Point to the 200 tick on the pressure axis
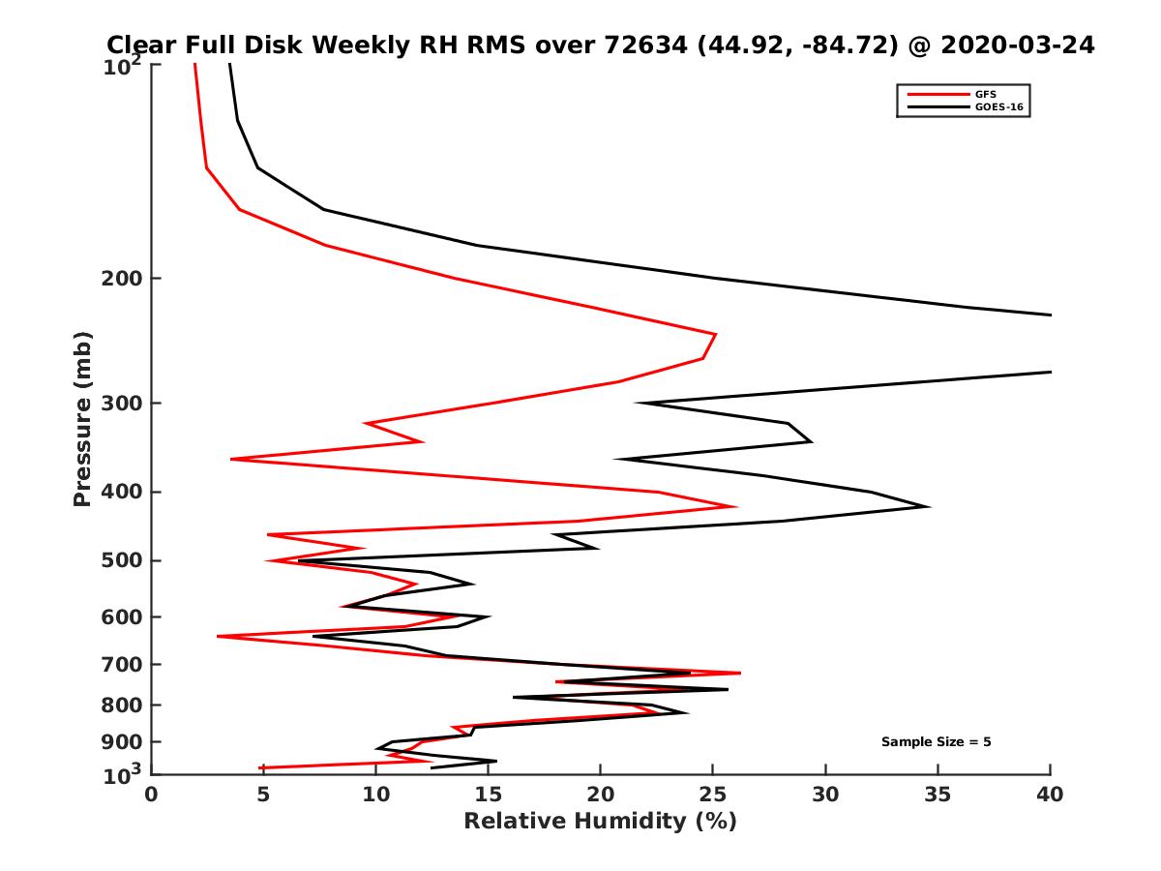(125, 279)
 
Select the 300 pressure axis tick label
(125, 403)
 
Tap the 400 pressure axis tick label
(125, 492)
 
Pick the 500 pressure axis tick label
(125, 560)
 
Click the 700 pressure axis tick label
(125, 664)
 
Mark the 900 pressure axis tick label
(125, 742)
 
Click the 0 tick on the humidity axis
(151, 795)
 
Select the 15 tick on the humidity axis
(488, 795)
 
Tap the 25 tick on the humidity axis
(712, 795)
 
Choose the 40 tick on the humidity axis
(1050, 795)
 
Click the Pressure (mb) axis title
(82, 418)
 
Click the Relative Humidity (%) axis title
(600, 822)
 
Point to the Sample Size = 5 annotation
(936, 742)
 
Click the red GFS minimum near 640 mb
(219, 636)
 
